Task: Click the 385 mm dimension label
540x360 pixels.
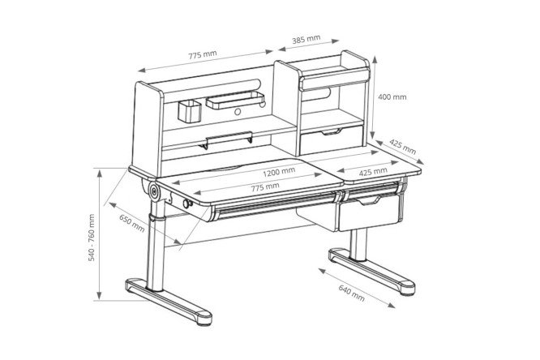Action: click(306, 39)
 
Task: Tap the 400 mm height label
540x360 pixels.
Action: click(392, 97)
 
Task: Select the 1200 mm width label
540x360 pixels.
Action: click(279, 172)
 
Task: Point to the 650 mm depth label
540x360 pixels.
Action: click(132, 223)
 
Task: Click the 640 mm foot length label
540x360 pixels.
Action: click(351, 293)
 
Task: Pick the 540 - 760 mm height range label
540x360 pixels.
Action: click(92, 238)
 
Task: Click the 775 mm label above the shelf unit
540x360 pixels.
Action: click(203, 55)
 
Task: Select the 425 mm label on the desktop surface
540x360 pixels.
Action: click(373, 171)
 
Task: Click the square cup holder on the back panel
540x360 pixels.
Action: click(190, 111)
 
